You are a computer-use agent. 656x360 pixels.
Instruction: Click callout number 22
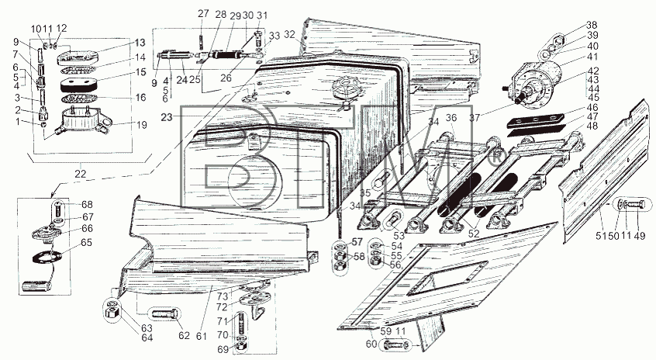pyautogui.click(x=81, y=173)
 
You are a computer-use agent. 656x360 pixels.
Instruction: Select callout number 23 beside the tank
pyautogui.click(x=167, y=117)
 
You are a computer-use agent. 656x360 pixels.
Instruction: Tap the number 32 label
pyautogui.click(x=289, y=34)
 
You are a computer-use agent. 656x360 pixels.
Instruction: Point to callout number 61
pyautogui.click(x=202, y=336)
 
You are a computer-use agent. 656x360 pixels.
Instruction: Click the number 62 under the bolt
pyautogui.click(x=184, y=335)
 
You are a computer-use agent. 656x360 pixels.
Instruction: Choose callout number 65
pyautogui.click(x=86, y=243)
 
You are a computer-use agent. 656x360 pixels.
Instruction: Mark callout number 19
pyautogui.click(x=141, y=125)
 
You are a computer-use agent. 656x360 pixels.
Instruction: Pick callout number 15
pyautogui.click(x=140, y=72)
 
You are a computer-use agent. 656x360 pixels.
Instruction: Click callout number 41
pyautogui.click(x=592, y=57)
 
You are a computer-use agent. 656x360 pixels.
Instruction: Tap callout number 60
pyautogui.click(x=371, y=343)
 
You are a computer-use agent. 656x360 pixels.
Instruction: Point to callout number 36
pyautogui.click(x=451, y=118)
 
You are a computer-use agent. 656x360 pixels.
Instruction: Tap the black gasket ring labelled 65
pyautogui.click(x=47, y=256)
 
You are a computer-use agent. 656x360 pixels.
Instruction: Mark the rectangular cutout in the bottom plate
pyautogui.click(x=447, y=279)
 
